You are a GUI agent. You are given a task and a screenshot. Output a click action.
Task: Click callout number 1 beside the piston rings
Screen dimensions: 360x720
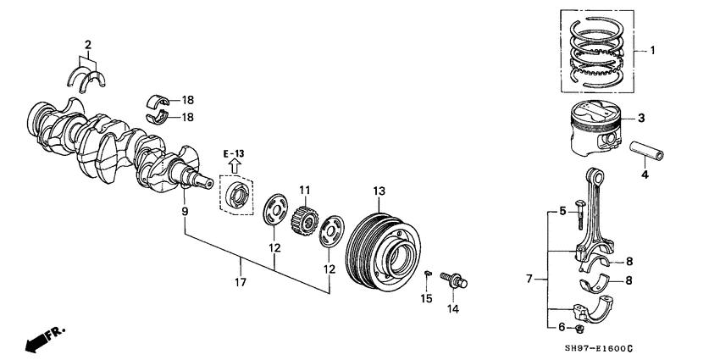(x=651, y=51)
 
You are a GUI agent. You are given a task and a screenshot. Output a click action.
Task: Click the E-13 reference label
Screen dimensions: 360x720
(x=235, y=154)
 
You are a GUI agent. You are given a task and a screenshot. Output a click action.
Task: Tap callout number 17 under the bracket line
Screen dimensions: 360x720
(x=241, y=282)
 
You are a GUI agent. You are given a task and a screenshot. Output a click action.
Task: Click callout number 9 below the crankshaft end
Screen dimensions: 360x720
(x=185, y=211)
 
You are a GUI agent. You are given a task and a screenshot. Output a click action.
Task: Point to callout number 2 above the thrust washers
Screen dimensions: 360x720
(x=87, y=43)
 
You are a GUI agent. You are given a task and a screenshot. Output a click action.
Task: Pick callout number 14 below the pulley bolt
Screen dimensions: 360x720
(x=453, y=310)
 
